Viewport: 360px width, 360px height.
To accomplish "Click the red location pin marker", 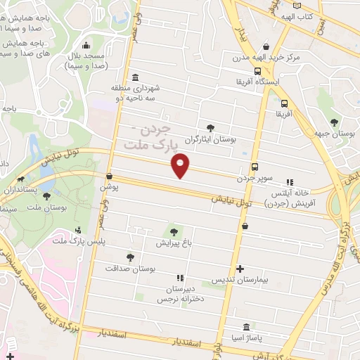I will point(181,166).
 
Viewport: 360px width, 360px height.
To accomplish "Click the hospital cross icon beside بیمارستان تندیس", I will point(240,269).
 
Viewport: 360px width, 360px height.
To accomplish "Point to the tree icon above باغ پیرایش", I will point(172,231).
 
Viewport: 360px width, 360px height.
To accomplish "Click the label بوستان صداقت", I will point(129,269).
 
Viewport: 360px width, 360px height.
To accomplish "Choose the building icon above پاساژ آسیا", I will point(245,327).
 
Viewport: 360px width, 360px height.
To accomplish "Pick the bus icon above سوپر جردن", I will point(255,167).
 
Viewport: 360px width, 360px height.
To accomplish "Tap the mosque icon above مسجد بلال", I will point(85,46).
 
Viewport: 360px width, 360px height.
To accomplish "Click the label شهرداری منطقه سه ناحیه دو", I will point(136,94).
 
